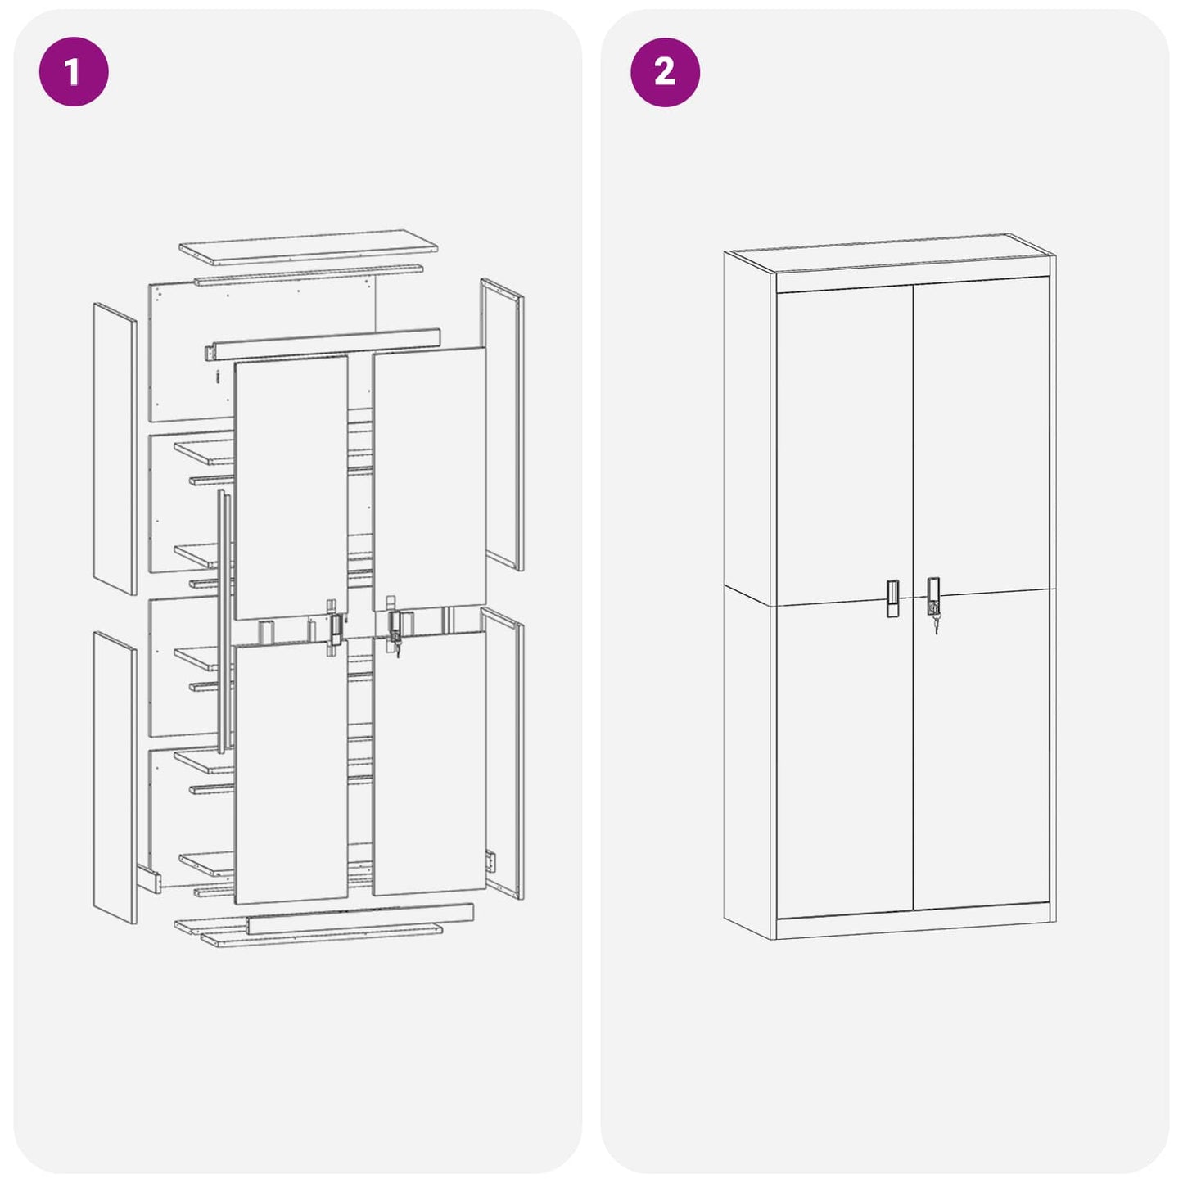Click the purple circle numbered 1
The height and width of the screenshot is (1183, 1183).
74,71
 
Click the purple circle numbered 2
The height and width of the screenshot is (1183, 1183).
665,71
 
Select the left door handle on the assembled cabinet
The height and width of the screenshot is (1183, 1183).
892,598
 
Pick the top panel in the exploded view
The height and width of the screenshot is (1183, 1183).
309,246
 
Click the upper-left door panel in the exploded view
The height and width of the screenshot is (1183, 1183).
291,487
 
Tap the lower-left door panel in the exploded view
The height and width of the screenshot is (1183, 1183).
291,774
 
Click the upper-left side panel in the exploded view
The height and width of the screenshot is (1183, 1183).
115,449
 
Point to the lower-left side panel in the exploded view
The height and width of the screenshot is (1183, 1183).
115,778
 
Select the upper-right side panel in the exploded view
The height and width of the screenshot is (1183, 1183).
502,424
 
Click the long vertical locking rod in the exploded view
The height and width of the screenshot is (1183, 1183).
221,622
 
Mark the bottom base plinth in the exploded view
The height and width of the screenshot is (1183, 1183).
360,920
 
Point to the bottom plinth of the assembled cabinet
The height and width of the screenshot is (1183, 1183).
913,927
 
